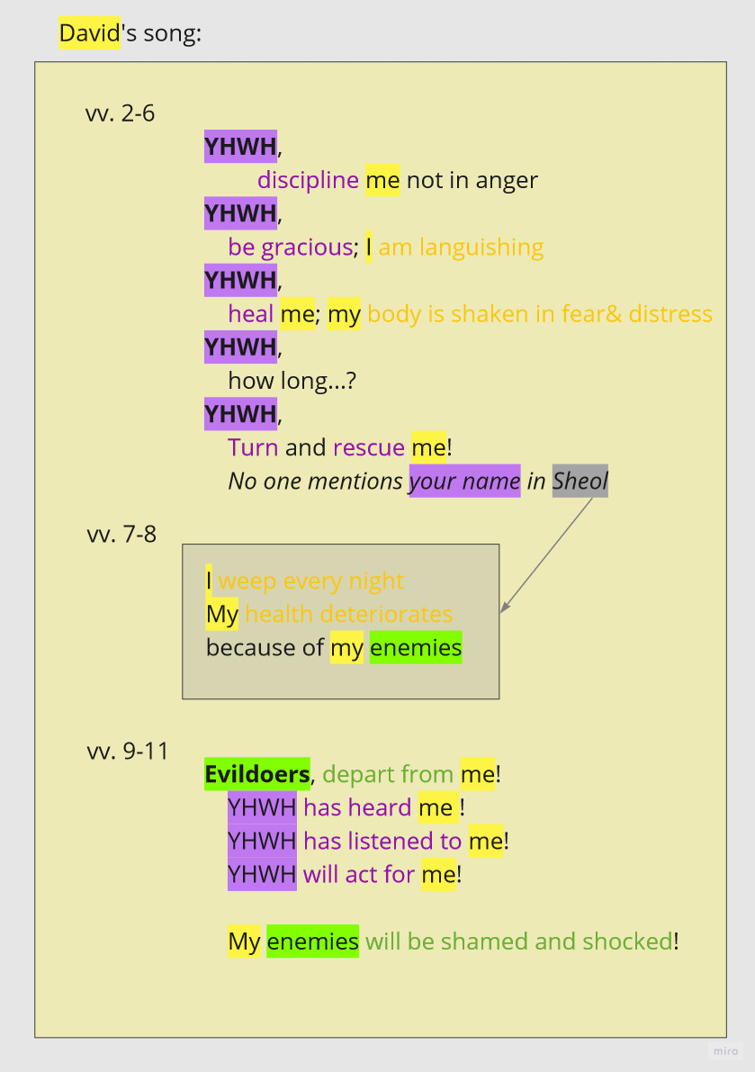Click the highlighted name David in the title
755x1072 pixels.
pos(89,34)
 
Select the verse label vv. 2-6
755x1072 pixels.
pos(121,113)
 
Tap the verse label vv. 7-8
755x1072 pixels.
pos(121,534)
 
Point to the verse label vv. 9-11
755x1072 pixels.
pos(128,751)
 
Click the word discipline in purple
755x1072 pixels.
pos(308,180)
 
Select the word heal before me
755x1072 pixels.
pos(250,313)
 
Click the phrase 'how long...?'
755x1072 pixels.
pos(292,380)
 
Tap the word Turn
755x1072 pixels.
pos(253,446)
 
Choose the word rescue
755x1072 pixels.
pos(369,446)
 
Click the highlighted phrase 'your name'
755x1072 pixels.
pos(464,481)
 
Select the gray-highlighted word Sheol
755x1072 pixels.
pos(580,481)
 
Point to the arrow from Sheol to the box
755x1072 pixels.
pos(547,554)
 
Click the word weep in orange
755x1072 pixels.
pos(247,581)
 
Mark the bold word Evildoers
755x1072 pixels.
pos(256,774)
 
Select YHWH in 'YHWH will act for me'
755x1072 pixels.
pos(262,874)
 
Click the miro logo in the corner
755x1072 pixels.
pos(725,1051)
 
